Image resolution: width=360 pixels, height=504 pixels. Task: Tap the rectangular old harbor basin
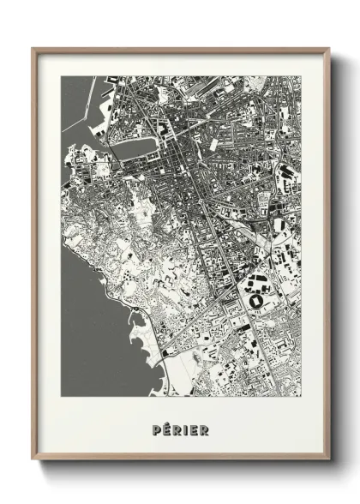pyautogui.click(x=133, y=148)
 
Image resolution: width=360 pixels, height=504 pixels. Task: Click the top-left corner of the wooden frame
pyautogui.click(x=33, y=48)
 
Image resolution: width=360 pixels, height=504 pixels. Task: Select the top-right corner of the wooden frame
pyautogui.click(x=328, y=48)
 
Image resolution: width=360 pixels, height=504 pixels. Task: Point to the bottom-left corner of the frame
pyautogui.click(x=33, y=464)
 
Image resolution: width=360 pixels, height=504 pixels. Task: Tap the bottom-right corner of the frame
pyautogui.click(x=328, y=464)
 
